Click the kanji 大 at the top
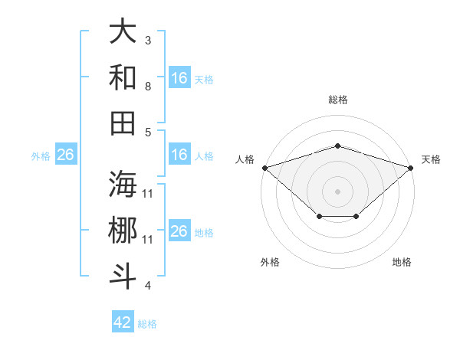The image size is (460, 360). pyautogui.click(x=123, y=32)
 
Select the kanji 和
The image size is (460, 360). pyautogui.click(x=123, y=77)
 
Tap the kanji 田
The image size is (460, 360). pyautogui.click(x=123, y=122)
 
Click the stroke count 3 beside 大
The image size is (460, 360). pyautogui.click(x=148, y=40)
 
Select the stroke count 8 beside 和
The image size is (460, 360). pyautogui.click(x=148, y=86)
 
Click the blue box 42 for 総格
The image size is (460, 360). pyautogui.click(x=123, y=322)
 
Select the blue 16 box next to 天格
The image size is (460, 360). pyautogui.click(x=179, y=77)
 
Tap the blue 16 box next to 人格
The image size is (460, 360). pyautogui.click(x=179, y=155)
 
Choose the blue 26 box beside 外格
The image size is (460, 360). pyautogui.click(x=65, y=155)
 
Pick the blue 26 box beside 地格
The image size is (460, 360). pyautogui.click(x=179, y=231)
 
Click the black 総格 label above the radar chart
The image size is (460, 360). pyautogui.click(x=337, y=100)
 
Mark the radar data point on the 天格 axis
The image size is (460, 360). pyautogui.click(x=411, y=167)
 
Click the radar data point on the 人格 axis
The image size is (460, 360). pyautogui.click(x=264, y=167)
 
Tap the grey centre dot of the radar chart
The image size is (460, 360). pyautogui.click(x=337, y=191)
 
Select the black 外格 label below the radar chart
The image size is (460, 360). pyautogui.click(x=270, y=262)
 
